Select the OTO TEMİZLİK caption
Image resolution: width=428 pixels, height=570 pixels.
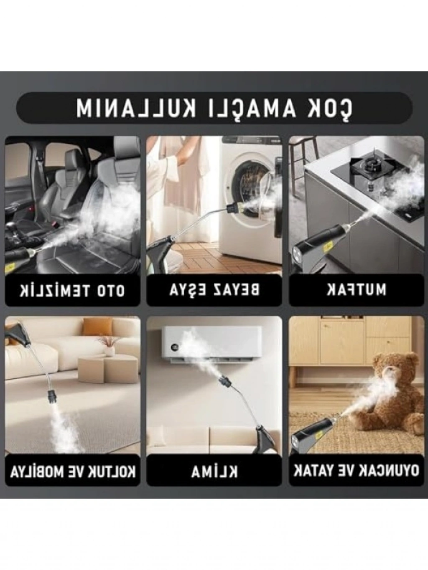pyautogui.click(x=72, y=291)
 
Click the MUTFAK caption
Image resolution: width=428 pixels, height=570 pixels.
pyautogui.click(x=357, y=290)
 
